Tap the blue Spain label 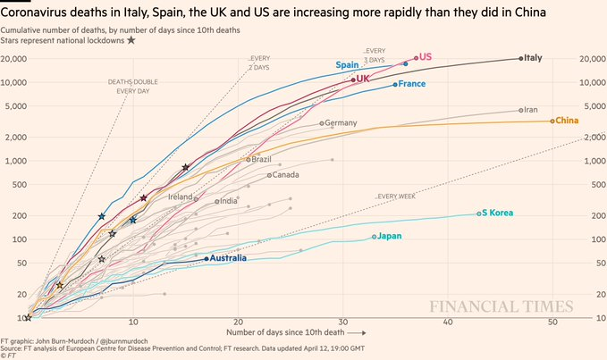pyautogui.click(x=348, y=65)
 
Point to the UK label pyautogui.click(x=363, y=79)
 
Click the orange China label pyautogui.click(x=567, y=121)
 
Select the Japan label pyautogui.click(x=390, y=237)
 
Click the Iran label pyautogui.click(x=530, y=110)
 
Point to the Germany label pyautogui.click(x=341, y=122)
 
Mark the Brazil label pyautogui.click(x=262, y=159)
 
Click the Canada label pyautogui.click(x=285, y=174)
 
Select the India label pyautogui.click(x=228, y=201)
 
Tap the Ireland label pyautogui.click(x=181, y=197)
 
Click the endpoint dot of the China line pyautogui.click(x=552, y=121)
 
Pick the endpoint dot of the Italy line pyautogui.click(x=521, y=58)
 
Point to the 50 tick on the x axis pyautogui.click(x=552, y=322)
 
